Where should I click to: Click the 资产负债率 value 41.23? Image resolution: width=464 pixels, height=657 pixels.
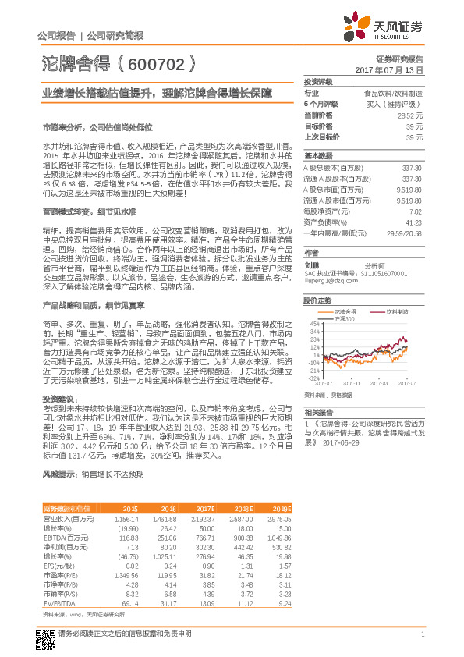coord(416,222)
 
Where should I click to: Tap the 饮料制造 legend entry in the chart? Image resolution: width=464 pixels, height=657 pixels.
coord(397,311)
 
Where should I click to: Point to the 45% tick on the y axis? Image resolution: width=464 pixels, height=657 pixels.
coord(315,323)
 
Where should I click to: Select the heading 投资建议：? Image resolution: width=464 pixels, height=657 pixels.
coord(58,398)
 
